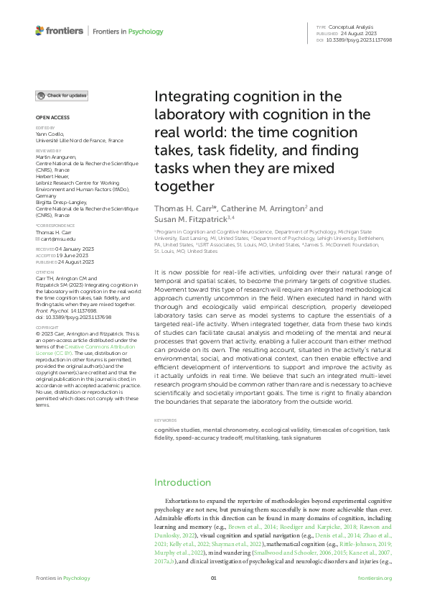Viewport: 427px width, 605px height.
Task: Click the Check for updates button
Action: [x=63, y=96]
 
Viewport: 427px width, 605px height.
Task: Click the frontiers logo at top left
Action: [x=59, y=32]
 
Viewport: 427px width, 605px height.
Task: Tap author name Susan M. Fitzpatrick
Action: [x=190, y=218]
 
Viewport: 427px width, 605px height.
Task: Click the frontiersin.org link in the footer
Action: [x=373, y=578]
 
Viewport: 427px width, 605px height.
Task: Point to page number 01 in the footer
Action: [x=213, y=578]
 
